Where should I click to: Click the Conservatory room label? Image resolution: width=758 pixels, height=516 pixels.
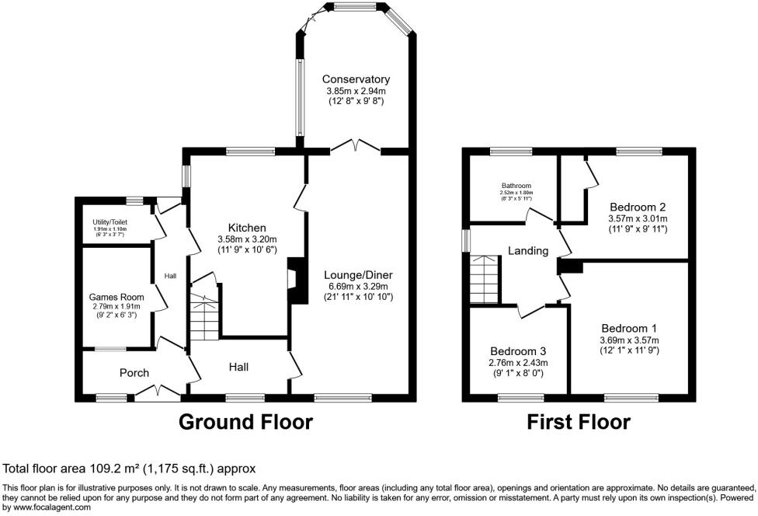(x=356, y=79)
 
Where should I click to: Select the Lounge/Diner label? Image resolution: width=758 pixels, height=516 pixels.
(x=360, y=275)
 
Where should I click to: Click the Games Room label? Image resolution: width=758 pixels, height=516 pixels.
(x=113, y=296)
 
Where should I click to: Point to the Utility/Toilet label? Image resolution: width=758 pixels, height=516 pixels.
(x=110, y=221)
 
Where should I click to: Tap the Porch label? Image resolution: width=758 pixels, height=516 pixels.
(x=134, y=373)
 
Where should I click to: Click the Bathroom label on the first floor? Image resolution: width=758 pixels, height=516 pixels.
(x=516, y=186)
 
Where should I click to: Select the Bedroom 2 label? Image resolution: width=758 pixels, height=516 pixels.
(x=638, y=207)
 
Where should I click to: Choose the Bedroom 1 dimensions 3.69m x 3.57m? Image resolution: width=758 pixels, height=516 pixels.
(x=628, y=340)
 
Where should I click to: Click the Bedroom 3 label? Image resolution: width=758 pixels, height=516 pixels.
(x=517, y=350)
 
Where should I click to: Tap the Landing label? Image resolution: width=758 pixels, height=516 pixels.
(x=528, y=251)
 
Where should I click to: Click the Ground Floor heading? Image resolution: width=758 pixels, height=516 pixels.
(x=245, y=422)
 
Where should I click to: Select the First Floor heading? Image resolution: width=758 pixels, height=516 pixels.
(x=579, y=422)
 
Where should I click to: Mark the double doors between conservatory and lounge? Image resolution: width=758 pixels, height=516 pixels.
(x=355, y=147)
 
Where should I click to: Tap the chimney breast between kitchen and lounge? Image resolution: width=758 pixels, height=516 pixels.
(x=296, y=281)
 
